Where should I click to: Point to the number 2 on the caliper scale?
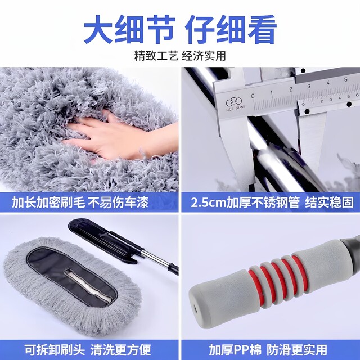point(291,88)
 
